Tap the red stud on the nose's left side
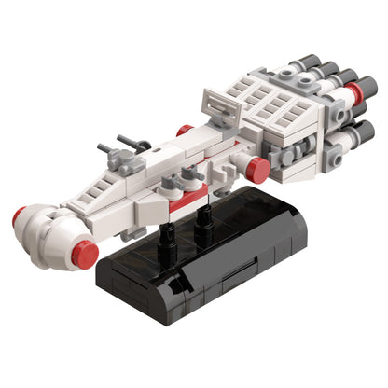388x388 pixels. pos(19,217)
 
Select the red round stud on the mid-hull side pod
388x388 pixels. pos(258,170)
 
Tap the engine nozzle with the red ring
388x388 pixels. pos(355,92)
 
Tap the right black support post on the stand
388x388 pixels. pos(204,221)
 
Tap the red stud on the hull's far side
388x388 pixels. pos(184,130)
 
